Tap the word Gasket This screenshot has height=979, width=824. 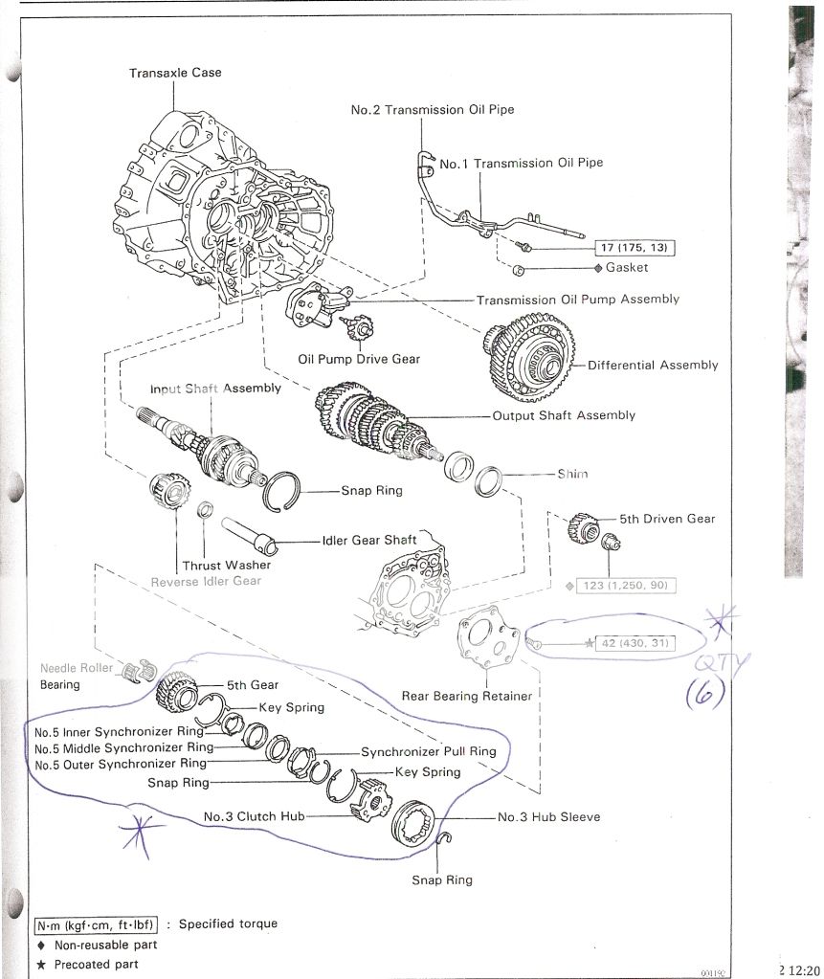click(x=626, y=268)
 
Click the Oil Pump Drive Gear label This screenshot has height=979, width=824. click(x=358, y=360)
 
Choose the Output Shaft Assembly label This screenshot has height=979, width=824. click(x=563, y=415)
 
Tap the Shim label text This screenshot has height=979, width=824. click(x=572, y=474)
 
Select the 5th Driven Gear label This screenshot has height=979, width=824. click(x=666, y=519)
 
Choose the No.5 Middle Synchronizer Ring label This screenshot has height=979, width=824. click(x=123, y=747)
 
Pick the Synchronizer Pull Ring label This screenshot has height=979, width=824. click(x=428, y=751)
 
